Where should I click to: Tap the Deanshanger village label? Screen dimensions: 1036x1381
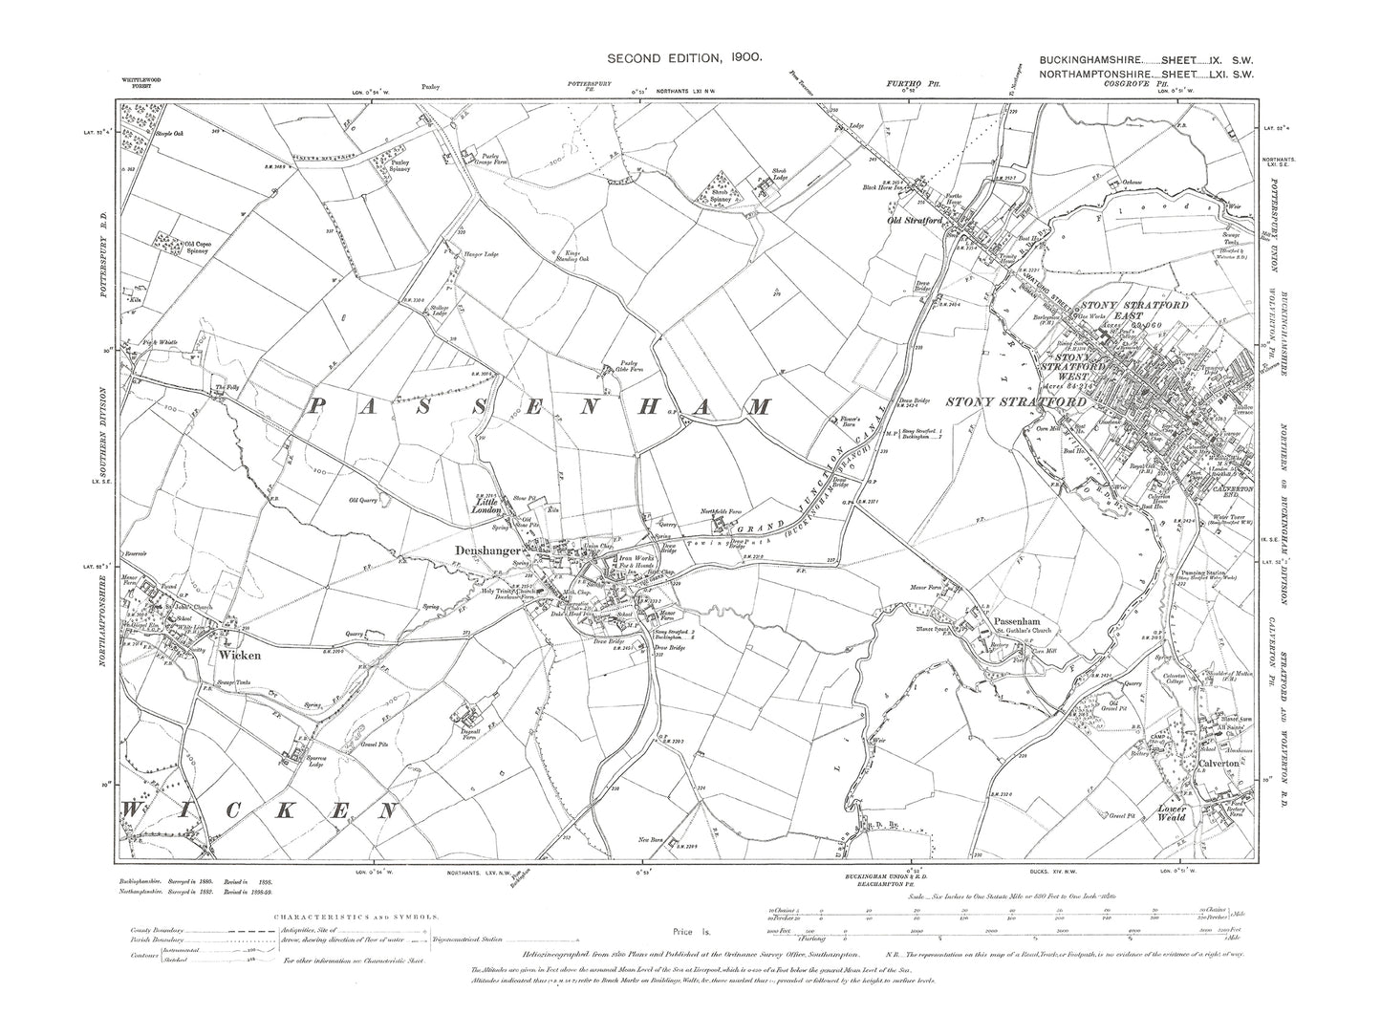(505, 551)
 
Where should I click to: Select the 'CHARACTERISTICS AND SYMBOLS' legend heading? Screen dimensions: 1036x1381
(356, 916)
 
